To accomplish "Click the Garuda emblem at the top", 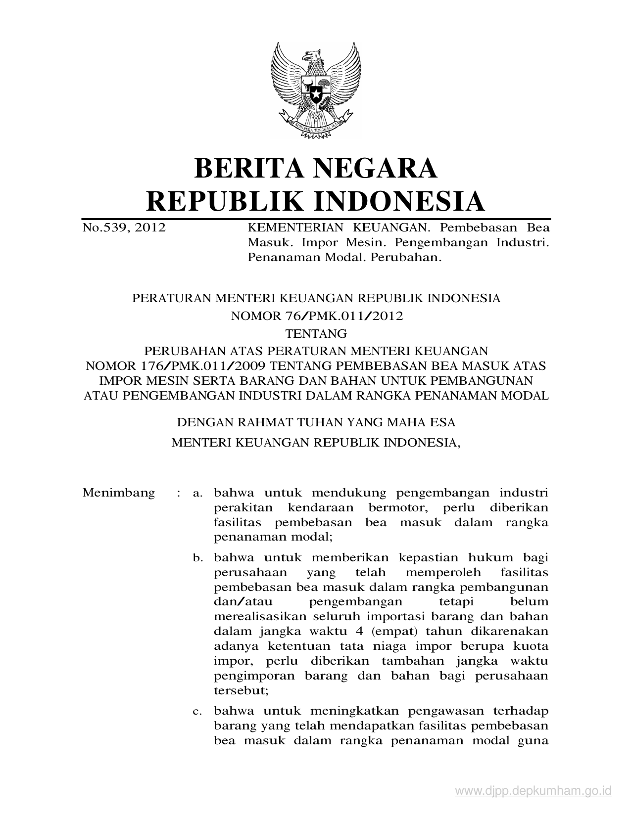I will pos(315,90).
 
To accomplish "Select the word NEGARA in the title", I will pos(379,168).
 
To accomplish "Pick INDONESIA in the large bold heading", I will pos(399,201).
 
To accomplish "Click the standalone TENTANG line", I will pos(316,334).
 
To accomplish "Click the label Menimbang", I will pos(119,493).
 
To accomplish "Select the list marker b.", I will pos(198,558).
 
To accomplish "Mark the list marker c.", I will pos(198,712).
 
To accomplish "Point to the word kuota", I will pos(531,646).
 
